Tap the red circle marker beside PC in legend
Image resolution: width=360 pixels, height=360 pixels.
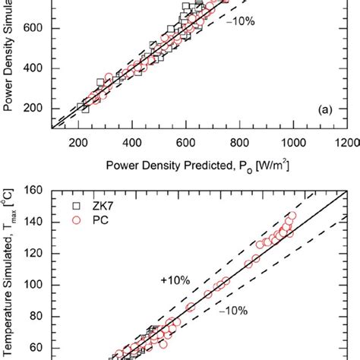point(76,220)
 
